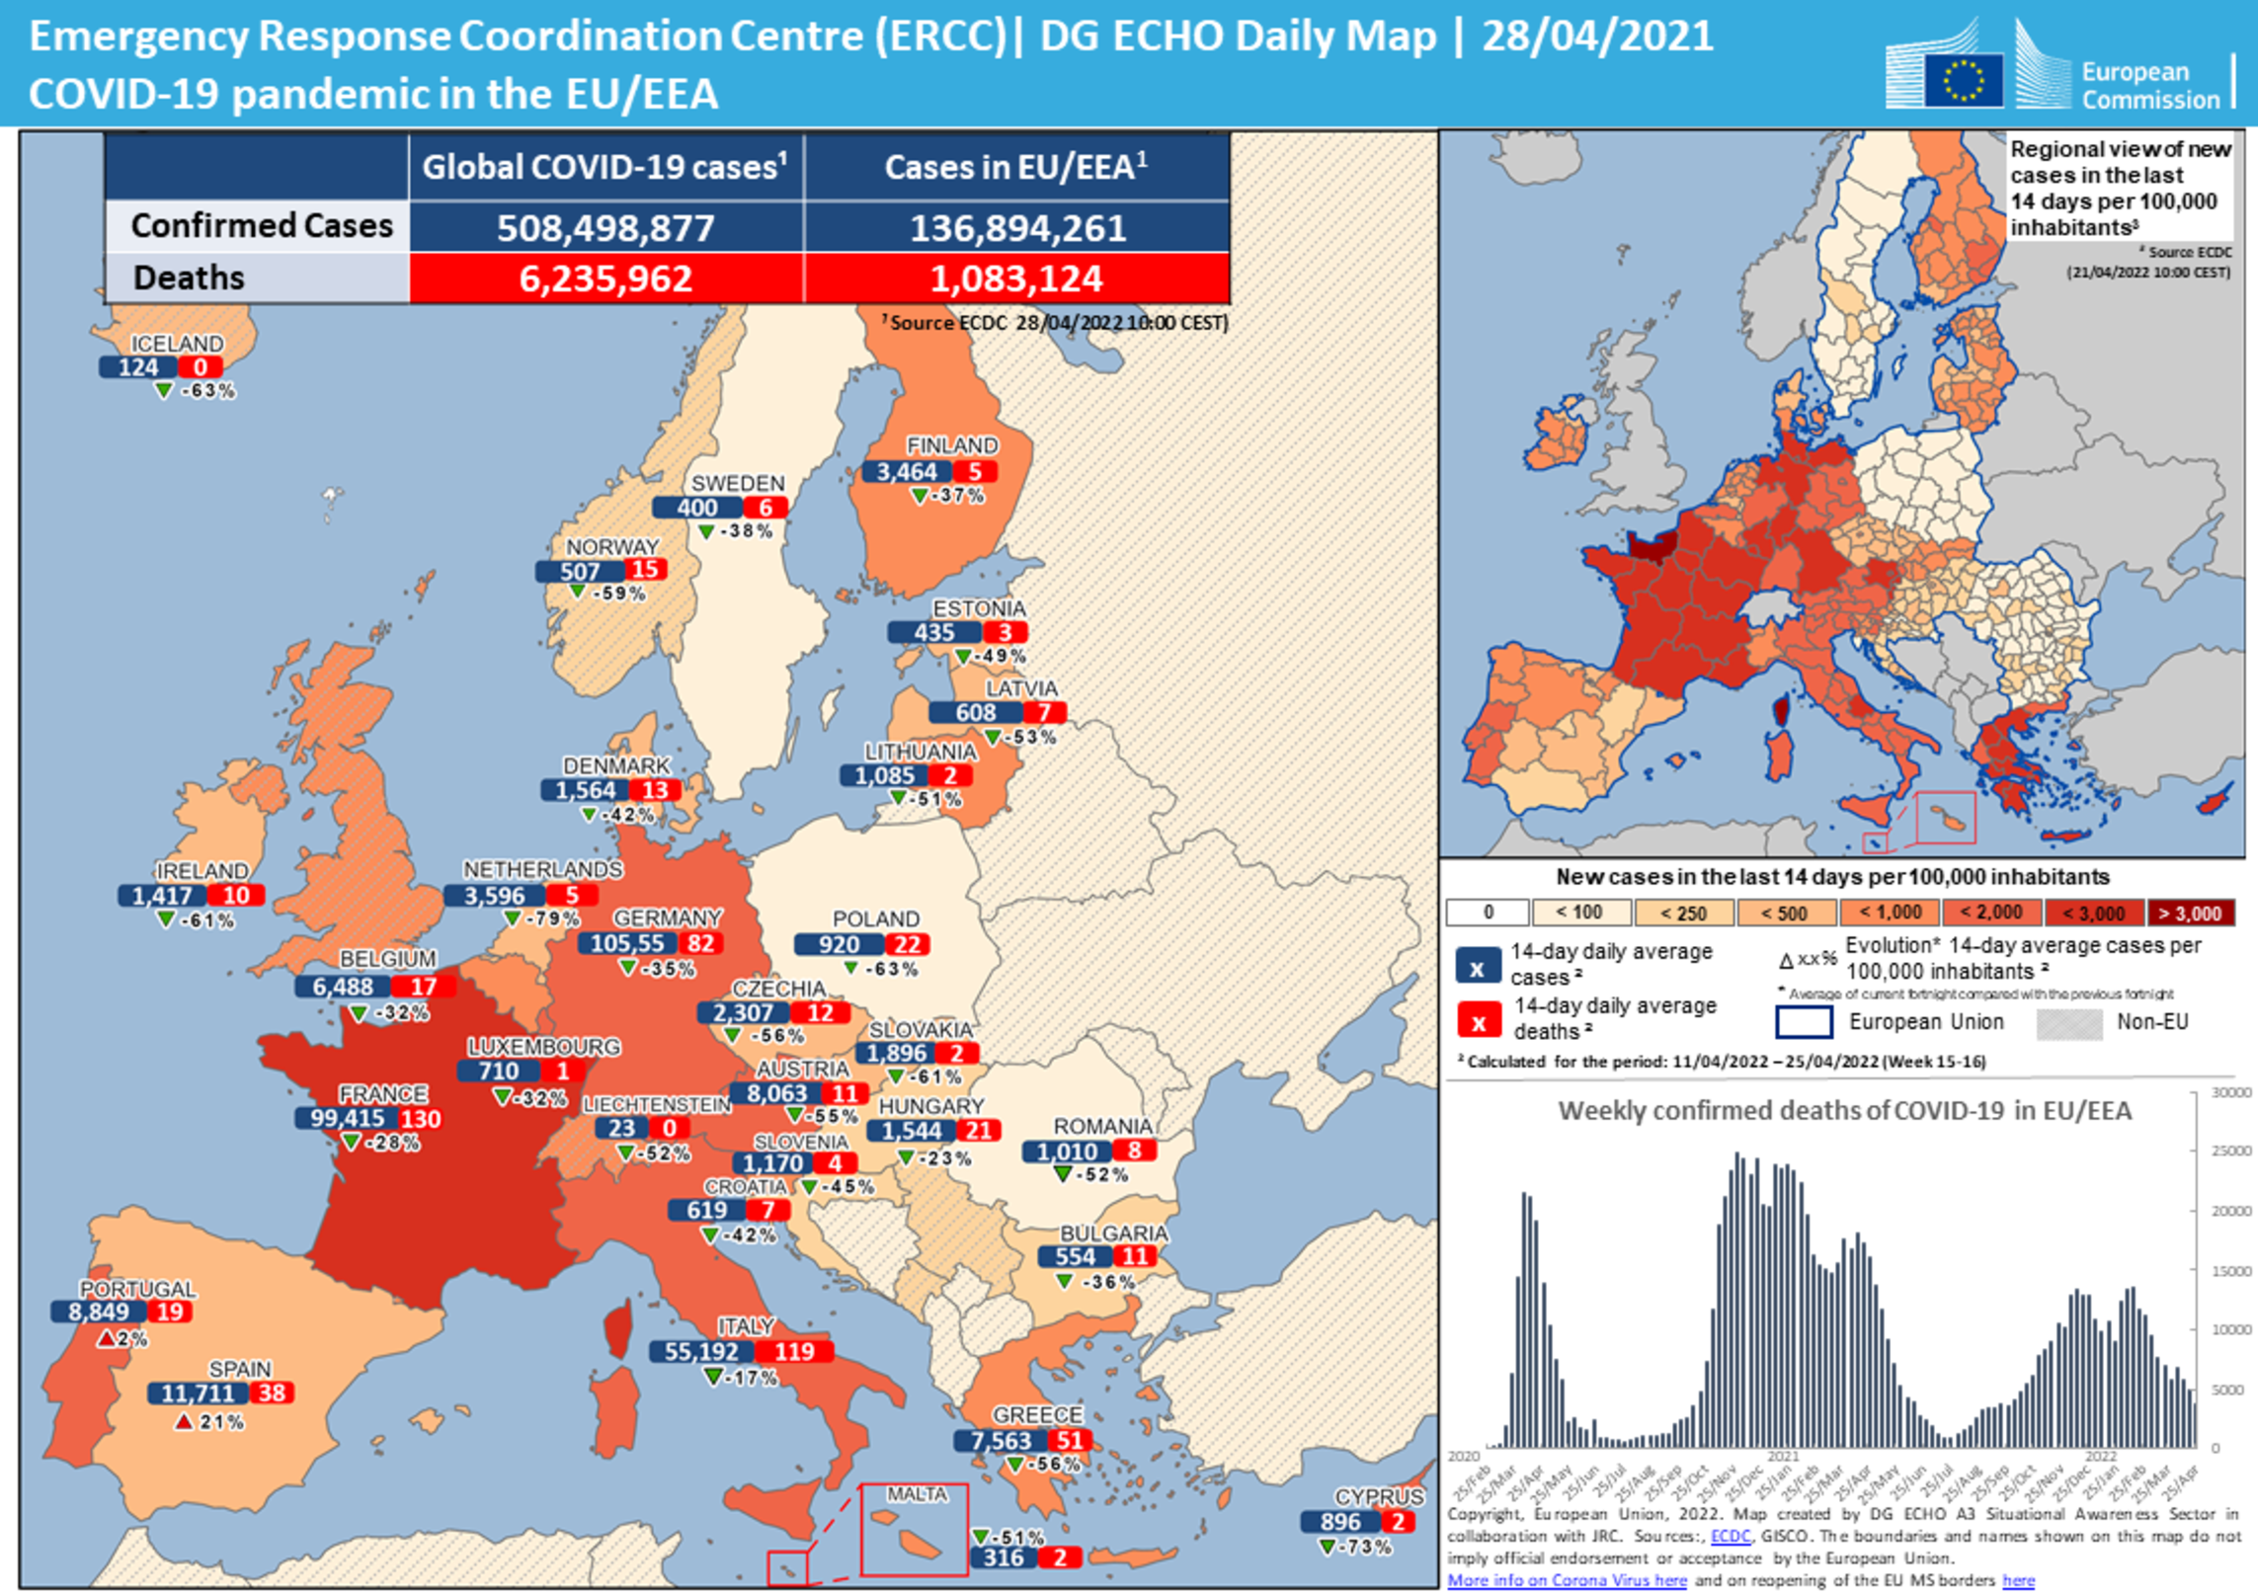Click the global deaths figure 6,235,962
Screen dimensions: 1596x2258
[x=605, y=279]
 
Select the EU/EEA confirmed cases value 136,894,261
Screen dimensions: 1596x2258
[x=1017, y=228]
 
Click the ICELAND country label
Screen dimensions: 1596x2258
[x=177, y=344]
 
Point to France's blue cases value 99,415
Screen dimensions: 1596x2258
[x=347, y=1118]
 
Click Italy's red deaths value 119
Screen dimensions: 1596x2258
[x=794, y=1351]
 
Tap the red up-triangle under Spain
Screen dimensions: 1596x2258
[x=183, y=1422]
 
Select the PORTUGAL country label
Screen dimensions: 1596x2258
[x=137, y=1289]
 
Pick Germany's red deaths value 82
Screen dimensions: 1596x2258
[x=700, y=943]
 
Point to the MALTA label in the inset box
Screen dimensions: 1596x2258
[x=916, y=1494]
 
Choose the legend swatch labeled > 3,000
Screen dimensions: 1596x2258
[x=2190, y=913]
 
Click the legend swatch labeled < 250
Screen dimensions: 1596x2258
[x=1684, y=913]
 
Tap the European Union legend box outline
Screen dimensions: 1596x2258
[x=1804, y=1022]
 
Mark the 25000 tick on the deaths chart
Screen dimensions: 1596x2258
[x=2231, y=1152]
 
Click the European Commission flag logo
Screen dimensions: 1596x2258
[x=1964, y=79]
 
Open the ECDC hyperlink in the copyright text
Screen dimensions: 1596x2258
[x=1730, y=1536]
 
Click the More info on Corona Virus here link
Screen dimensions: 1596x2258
[x=1567, y=1580]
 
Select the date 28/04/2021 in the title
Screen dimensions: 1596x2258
[x=1597, y=37]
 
